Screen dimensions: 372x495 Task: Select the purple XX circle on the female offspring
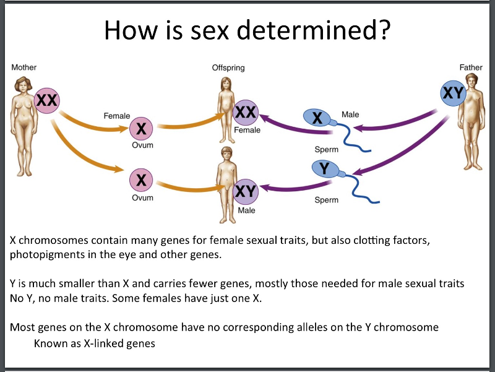(246, 112)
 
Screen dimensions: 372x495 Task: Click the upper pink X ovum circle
(142, 129)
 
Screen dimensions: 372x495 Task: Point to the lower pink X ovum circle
(142, 181)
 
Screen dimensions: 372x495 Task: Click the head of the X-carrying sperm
(317, 118)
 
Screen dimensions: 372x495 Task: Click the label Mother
(24, 67)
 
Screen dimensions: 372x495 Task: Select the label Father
(471, 67)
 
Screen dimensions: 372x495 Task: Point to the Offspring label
(228, 67)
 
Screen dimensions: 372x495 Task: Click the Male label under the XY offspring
(246, 210)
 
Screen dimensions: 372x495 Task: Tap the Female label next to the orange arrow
(116, 116)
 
